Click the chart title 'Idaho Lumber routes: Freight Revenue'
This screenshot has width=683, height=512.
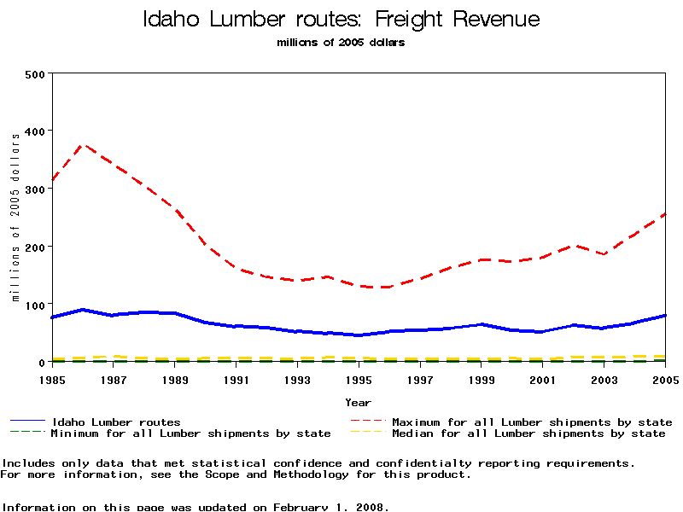tap(341, 20)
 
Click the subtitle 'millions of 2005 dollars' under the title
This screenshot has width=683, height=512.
tap(341, 43)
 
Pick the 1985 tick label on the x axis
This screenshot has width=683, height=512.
tap(53, 380)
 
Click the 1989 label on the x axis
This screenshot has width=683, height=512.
tap(175, 380)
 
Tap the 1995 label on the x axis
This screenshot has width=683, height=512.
tap(359, 380)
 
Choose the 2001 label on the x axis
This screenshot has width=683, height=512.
tap(542, 380)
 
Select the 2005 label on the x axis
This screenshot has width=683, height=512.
tap(664, 380)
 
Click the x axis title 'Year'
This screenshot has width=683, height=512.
tap(358, 402)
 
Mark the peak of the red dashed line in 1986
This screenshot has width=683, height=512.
tap(84, 145)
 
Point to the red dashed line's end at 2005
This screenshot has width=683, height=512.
tap(664, 214)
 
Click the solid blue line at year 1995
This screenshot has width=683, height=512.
tap(359, 335)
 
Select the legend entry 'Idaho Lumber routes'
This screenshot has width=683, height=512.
tap(116, 422)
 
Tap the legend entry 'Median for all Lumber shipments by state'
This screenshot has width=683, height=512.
tap(528, 433)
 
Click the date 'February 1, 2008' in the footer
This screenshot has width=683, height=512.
tap(330, 507)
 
